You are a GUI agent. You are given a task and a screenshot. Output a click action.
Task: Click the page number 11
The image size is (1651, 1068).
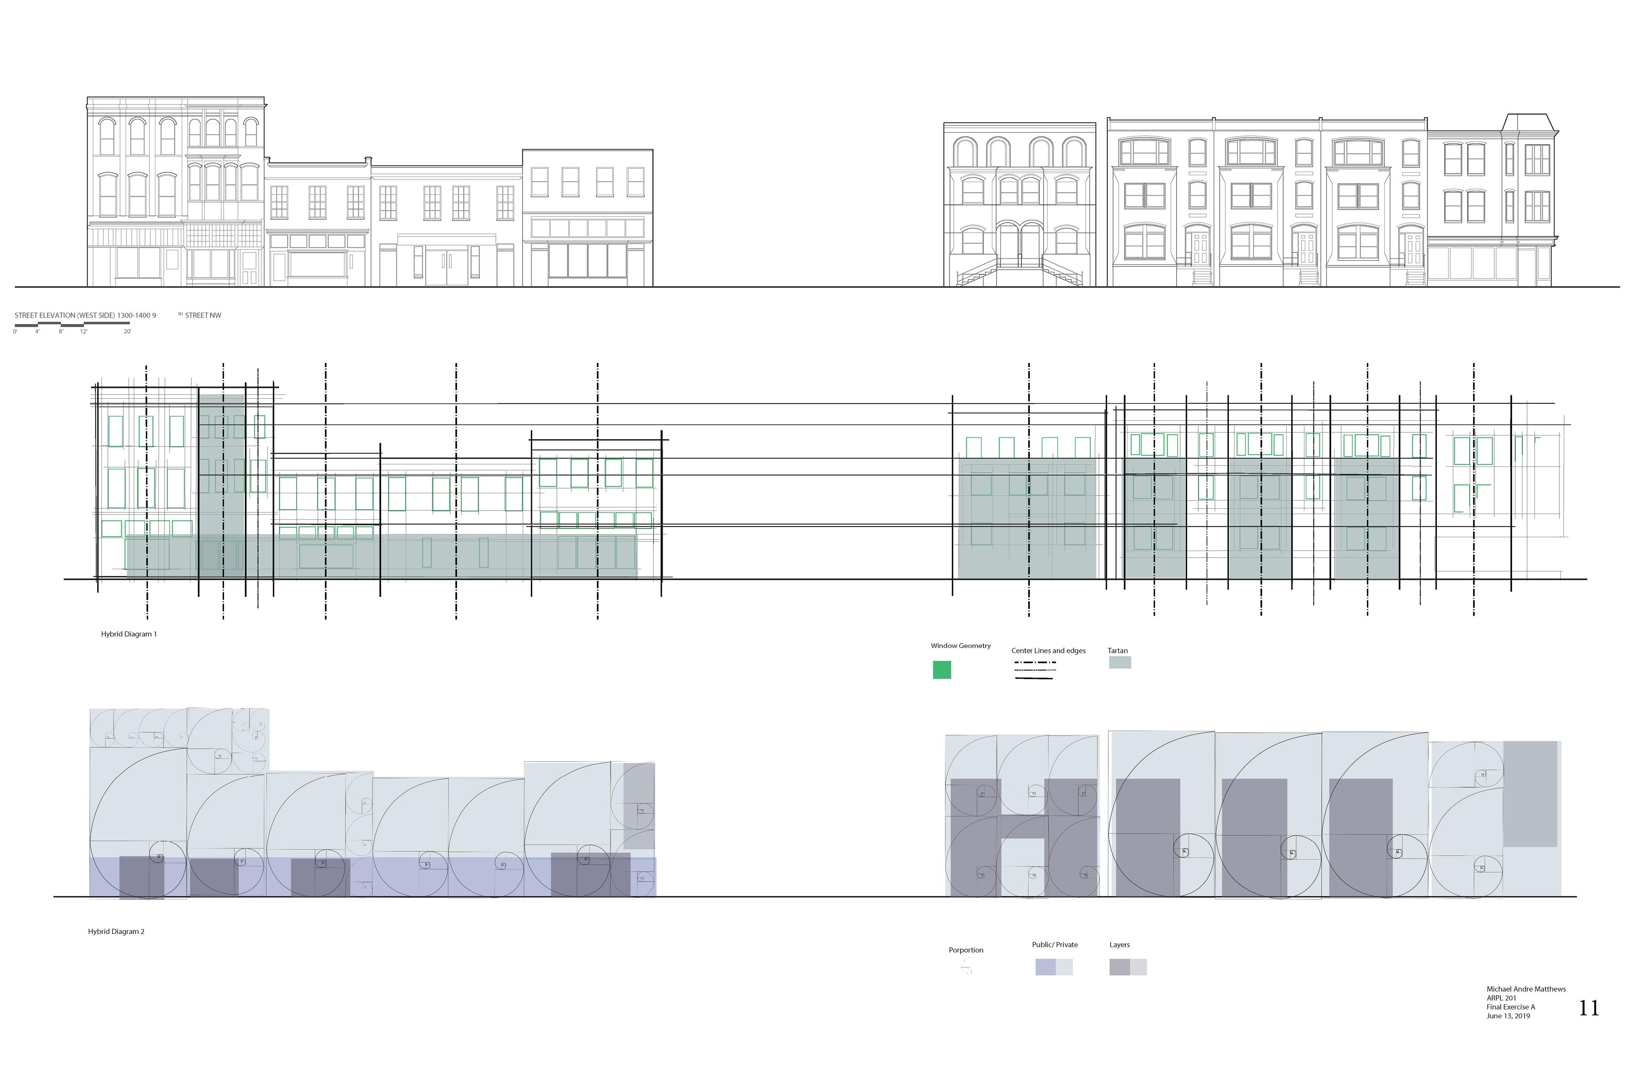pos(1588,1008)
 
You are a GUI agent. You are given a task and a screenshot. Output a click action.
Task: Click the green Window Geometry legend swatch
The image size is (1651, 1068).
pos(941,670)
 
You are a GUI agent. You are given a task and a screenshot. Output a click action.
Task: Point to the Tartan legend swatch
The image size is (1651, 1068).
pos(1120,662)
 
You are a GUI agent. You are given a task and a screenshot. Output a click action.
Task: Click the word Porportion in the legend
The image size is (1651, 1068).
pos(966,950)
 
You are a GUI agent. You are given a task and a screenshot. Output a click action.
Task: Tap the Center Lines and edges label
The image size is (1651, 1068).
pos(1048,651)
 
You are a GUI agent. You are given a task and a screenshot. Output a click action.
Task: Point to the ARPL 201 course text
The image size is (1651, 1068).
pos(1501,998)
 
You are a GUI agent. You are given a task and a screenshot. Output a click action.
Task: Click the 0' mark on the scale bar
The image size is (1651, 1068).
pos(15,331)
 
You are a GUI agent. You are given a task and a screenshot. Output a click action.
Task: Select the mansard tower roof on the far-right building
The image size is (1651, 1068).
pos(1529,123)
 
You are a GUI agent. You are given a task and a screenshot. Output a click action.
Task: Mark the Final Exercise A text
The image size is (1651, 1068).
pos(1511,1007)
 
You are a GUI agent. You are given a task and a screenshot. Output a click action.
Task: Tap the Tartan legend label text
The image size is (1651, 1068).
pos(1118,651)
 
